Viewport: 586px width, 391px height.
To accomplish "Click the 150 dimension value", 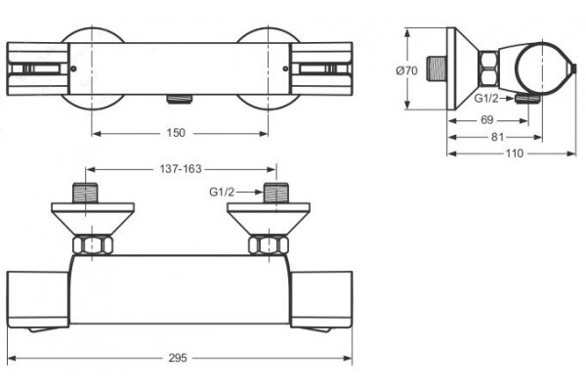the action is [x=176, y=133].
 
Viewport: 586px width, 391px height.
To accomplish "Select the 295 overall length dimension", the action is [x=178, y=358].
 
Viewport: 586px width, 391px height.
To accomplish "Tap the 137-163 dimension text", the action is [x=181, y=169].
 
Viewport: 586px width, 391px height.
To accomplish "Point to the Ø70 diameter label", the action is [x=407, y=70].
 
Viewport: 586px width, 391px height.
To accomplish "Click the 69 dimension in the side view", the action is [x=487, y=120].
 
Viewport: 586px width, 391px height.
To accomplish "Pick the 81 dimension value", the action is [x=497, y=137].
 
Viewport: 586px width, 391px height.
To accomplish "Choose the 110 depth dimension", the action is [x=515, y=153].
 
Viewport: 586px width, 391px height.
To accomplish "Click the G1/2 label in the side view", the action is [x=486, y=99].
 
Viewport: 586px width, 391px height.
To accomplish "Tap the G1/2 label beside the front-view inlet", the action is [x=222, y=192].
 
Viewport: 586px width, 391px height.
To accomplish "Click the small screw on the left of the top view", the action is [x=73, y=68].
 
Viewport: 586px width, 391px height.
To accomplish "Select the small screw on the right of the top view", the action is [x=285, y=68].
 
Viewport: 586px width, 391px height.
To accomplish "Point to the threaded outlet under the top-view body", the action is [x=180, y=99].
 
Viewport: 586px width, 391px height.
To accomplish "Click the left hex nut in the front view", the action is [x=93, y=245].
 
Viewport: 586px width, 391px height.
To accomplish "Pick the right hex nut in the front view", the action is [x=269, y=245].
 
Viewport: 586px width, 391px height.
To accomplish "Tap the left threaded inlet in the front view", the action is [x=86, y=194].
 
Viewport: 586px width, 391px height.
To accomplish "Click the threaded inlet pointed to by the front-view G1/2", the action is [x=276, y=194].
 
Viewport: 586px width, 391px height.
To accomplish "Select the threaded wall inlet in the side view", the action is [x=437, y=68].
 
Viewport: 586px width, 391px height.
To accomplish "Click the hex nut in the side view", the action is [x=488, y=68].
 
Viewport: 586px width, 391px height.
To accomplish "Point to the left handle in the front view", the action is [x=38, y=302].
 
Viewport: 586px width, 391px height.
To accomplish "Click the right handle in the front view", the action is [x=321, y=302].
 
